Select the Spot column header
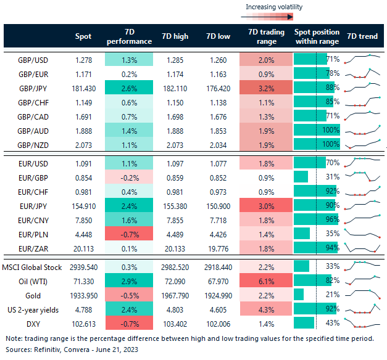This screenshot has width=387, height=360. tap(83, 36)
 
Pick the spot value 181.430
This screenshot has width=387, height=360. tap(83, 88)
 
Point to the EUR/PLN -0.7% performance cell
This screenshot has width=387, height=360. tap(128, 233)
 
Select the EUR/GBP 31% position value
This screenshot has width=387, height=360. tap(331, 176)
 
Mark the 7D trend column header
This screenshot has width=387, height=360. tap(363, 36)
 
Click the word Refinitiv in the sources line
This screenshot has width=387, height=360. tap(50, 349)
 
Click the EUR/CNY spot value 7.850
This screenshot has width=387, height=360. tap(83, 219)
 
